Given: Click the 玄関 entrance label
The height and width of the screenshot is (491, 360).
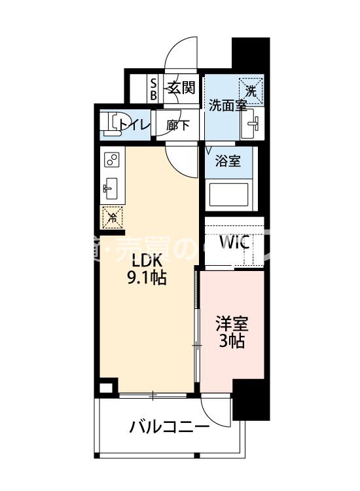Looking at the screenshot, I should click(x=181, y=87).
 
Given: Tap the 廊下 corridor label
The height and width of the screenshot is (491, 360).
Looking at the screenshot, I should click(x=178, y=124).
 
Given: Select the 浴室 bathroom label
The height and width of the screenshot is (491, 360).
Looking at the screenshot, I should click(x=228, y=161).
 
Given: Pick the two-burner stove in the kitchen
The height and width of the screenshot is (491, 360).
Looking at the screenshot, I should click(x=111, y=160).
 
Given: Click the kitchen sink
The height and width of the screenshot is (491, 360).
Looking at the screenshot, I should click(x=111, y=189).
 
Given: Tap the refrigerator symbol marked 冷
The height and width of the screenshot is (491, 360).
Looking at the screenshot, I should click(x=112, y=217).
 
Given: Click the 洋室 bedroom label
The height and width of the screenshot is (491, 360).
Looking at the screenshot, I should click(x=232, y=323).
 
